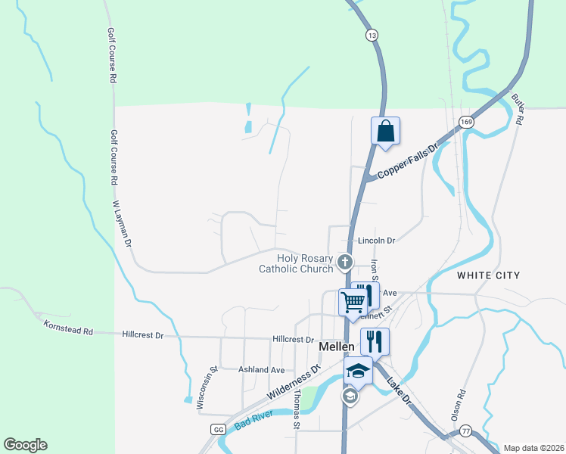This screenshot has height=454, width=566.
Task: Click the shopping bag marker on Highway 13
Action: pyautogui.click(x=385, y=131)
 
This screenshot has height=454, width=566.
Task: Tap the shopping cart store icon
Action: pyautogui.click(x=353, y=302)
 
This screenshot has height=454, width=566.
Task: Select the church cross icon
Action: pyautogui.click(x=345, y=263)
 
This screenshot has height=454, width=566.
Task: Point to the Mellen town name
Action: pyautogui.click(x=337, y=346)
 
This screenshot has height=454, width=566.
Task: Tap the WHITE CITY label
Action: pyautogui.click(x=488, y=275)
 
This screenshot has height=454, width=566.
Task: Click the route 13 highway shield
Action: pyautogui.click(x=371, y=36)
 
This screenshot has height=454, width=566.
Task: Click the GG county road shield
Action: pyautogui.click(x=219, y=429)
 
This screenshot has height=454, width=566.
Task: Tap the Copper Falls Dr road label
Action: pyautogui.click(x=408, y=161)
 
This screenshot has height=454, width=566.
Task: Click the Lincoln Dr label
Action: pyautogui.click(x=377, y=241)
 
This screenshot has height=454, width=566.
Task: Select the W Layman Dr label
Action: pyautogui.click(x=122, y=225)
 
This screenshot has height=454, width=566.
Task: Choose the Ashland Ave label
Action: pyautogui.click(x=261, y=370)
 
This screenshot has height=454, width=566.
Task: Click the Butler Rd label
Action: pyautogui.click(x=518, y=109)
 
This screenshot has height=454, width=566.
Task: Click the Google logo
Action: pyautogui.click(x=25, y=445)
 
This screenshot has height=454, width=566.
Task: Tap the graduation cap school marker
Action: pyautogui.click(x=358, y=372)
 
